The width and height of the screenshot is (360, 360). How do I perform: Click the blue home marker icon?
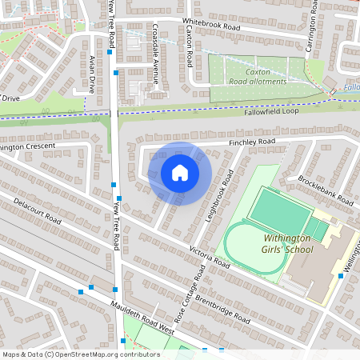coord(180,173)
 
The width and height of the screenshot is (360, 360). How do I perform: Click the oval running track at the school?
coord(254,247)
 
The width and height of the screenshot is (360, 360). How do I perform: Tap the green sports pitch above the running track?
coord(279,210)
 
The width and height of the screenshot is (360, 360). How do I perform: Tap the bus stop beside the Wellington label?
coord(341,276)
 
